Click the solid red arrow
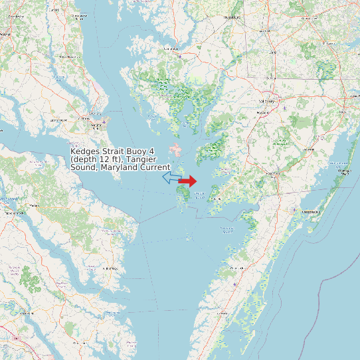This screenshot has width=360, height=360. click(x=188, y=181)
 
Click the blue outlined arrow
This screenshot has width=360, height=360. click(x=170, y=177)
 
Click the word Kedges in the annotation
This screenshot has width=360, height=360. click(x=85, y=152)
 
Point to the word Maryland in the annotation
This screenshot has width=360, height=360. click(x=122, y=168)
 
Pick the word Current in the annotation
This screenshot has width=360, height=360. click(x=155, y=168)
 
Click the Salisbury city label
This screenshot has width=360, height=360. click(x=266, y=101)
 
